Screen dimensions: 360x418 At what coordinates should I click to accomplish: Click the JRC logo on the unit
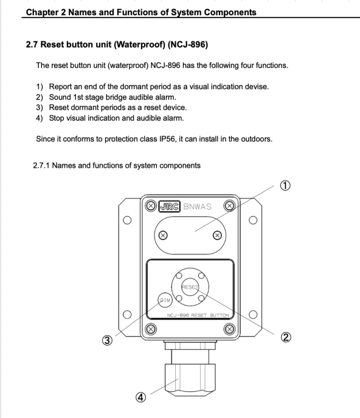point(170,207)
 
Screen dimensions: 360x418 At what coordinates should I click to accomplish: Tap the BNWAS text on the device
point(198,207)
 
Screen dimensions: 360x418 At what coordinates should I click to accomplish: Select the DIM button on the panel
point(165,300)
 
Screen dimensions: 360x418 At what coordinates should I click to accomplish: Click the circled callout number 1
point(285,185)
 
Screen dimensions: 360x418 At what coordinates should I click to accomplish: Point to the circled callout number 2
point(286,337)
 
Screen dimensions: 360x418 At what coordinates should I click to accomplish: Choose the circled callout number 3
point(107,340)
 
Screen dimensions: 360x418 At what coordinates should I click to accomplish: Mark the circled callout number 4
point(141,397)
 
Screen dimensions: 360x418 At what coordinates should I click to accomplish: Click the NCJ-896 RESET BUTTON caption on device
point(198,315)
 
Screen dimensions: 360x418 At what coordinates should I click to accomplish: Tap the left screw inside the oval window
point(163,235)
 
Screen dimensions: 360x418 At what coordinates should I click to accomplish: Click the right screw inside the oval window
point(218,235)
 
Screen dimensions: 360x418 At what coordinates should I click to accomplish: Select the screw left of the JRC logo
point(151,206)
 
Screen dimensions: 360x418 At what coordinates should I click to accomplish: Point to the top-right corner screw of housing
point(229,206)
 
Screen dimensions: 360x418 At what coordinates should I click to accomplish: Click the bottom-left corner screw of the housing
point(151,329)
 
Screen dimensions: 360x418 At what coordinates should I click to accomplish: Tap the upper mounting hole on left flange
point(127,220)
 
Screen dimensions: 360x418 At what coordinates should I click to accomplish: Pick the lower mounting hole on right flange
point(253,315)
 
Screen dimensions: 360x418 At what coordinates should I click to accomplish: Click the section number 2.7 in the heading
point(32,44)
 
